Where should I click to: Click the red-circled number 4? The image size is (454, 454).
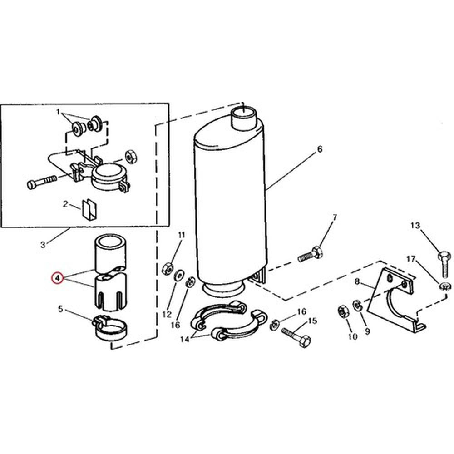[57, 278]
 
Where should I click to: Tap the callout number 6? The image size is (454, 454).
[319, 149]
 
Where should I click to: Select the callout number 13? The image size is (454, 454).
[415, 225]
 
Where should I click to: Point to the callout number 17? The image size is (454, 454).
[411, 259]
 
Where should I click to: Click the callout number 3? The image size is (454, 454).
[43, 245]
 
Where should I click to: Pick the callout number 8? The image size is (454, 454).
[357, 281]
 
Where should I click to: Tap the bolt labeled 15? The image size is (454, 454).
[296, 338]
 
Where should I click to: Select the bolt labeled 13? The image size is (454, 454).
[444, 265]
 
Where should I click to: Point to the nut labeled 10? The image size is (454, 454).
[343, 311]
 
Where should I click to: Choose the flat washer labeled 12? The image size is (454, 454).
[178, 275]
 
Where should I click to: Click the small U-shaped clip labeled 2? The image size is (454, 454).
[90, 209]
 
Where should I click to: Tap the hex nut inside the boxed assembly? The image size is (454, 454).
[131, 157]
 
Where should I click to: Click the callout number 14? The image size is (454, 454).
[184, 339]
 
